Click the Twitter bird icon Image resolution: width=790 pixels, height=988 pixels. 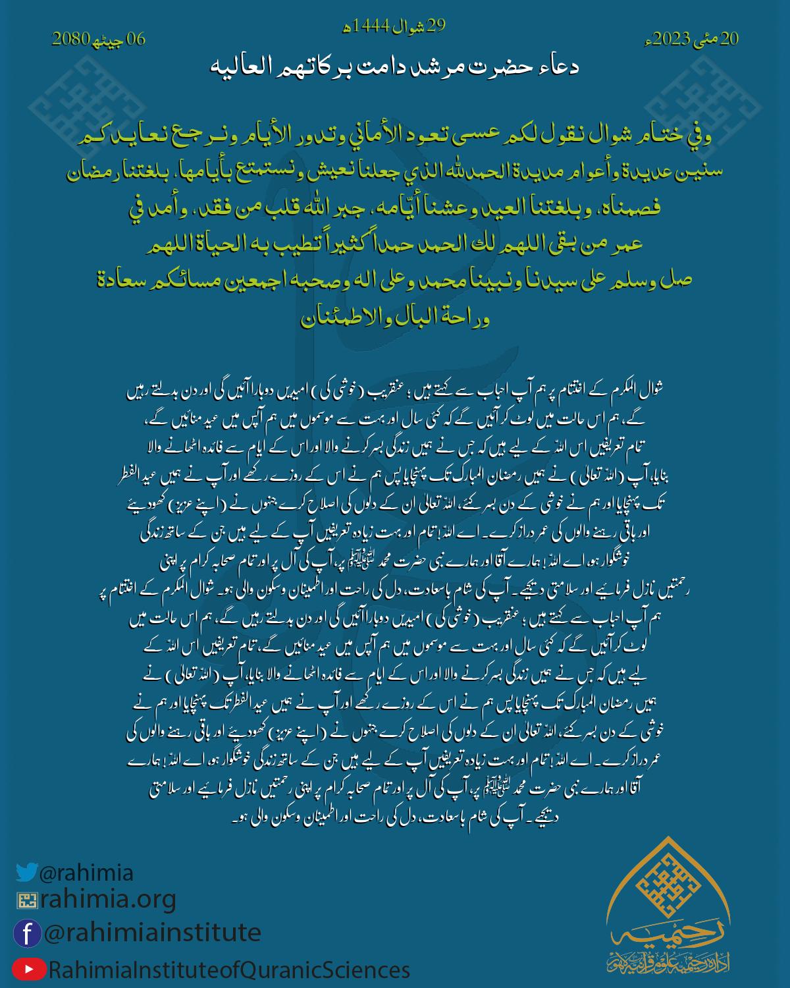27,872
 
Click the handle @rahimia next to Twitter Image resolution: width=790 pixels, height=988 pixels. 86,873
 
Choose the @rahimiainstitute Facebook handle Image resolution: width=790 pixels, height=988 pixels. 152,933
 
